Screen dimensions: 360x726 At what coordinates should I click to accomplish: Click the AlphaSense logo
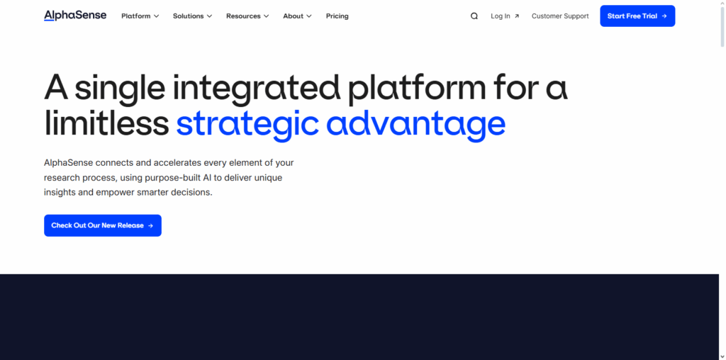point(75,16)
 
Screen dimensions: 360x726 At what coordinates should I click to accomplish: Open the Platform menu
point(140,16)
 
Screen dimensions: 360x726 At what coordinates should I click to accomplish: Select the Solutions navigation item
point(192,16)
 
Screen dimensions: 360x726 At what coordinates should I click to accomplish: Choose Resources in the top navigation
point(247,16)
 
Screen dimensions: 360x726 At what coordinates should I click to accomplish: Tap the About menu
point(297,16)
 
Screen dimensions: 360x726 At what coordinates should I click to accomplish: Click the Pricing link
point(337,16)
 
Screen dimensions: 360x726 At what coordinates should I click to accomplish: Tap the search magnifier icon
point(474,16)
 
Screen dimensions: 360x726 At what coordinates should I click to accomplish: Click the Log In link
point(505,16)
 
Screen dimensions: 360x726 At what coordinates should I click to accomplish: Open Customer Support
point(560,16)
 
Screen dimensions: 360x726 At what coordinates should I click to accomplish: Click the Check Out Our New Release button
point(103,225)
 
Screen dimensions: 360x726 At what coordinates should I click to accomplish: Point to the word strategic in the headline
point(247,123)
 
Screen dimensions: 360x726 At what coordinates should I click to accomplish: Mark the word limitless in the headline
point(106,123)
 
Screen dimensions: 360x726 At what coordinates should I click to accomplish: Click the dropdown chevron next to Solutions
point(209,16)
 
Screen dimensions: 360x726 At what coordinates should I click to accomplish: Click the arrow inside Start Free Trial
point(664,16)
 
